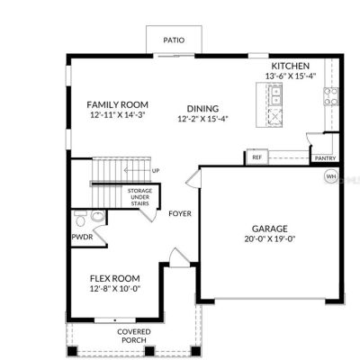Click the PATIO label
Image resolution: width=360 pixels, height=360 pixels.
pos(174,40)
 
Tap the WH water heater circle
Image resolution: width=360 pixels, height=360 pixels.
pos(331,176)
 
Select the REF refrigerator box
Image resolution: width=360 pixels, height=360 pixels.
pos(256,157)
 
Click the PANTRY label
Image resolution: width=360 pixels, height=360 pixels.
pos(326,158)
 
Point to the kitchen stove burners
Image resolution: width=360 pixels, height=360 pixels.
pos(330,96)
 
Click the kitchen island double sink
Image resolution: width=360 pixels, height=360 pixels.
pos(275,94)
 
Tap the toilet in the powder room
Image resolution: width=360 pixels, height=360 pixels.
pos(80,219)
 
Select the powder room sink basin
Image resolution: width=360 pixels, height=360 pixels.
pos(97,216)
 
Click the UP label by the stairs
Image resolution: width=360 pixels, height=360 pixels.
pos(156,171)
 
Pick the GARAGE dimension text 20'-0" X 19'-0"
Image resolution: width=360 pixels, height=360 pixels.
pos(270,239)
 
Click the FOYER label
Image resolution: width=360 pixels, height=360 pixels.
pos(180,213)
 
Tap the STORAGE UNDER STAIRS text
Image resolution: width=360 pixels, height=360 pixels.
pos(140,197)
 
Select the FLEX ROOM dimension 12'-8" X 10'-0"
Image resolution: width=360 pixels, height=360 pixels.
pos(115,289)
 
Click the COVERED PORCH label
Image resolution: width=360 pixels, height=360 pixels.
pos(134,336)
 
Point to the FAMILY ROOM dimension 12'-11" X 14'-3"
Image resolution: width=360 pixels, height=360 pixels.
pos(118,115)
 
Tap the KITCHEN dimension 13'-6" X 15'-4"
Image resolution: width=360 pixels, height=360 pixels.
pos(291,76)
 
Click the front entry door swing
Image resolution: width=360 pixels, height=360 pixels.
pos(179,257)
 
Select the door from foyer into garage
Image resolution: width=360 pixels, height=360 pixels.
pos(193,178)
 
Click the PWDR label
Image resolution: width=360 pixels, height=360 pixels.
pos(82,237)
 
